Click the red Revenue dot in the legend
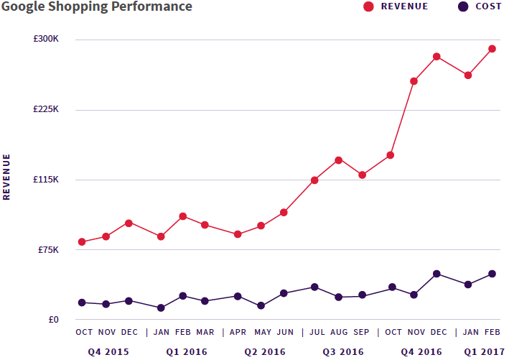point(369,6)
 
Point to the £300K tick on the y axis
point(46,39)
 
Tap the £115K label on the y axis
point(46,179)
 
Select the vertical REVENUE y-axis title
point(7,176)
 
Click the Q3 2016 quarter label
point(342,351)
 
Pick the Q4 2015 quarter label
point(108,351)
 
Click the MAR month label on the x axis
point(205,332)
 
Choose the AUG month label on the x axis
point(338,332)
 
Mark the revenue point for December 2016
point(436,57)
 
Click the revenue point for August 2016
point(338,160)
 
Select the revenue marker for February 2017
point(492,49)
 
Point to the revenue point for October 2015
point(82,242)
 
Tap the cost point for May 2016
point(261,306)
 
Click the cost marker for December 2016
point(436,274)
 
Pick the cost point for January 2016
point(161,308)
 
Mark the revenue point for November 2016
point(414,81)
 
